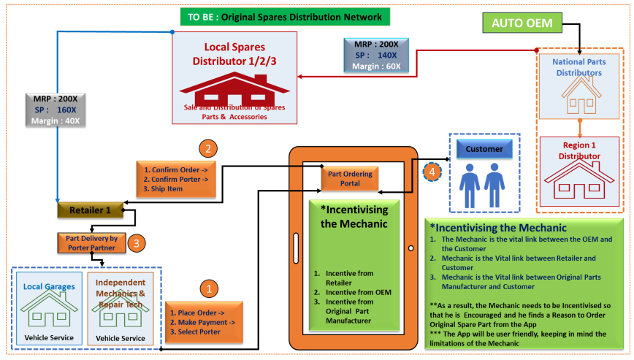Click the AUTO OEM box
[x=522, y=23]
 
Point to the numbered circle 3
[x=135, y=242]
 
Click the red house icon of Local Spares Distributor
[x=234, y=88]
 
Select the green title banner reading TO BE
[x=285, y=16]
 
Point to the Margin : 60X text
[x=378, y=66]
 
